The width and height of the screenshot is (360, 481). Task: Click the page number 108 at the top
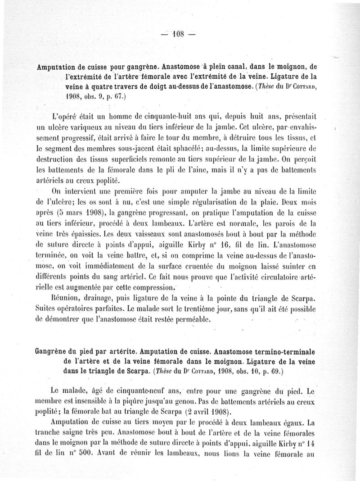click(x=180, y=35)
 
